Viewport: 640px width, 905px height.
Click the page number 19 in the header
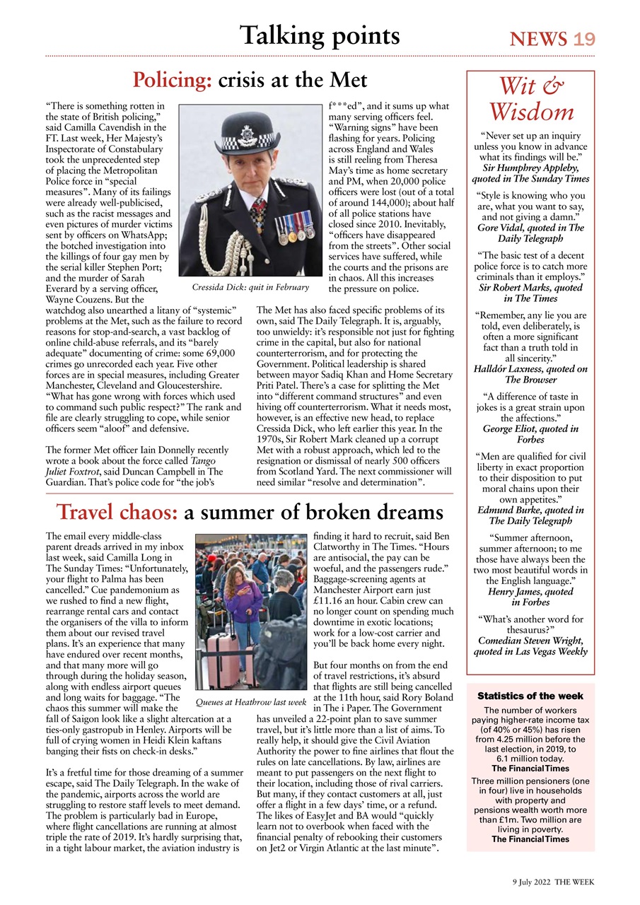584,39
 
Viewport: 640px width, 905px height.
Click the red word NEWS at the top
538,39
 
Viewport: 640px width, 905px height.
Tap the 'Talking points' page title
320,35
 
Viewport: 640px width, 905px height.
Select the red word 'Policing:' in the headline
173,79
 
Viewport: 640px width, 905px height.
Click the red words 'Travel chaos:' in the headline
117,511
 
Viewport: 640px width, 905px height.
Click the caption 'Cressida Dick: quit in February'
250,288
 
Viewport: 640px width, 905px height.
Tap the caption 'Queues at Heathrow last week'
250,702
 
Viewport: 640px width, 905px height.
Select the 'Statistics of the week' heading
530,696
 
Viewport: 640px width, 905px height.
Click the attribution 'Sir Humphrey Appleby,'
530,168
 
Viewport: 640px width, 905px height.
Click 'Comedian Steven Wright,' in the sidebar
530,641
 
